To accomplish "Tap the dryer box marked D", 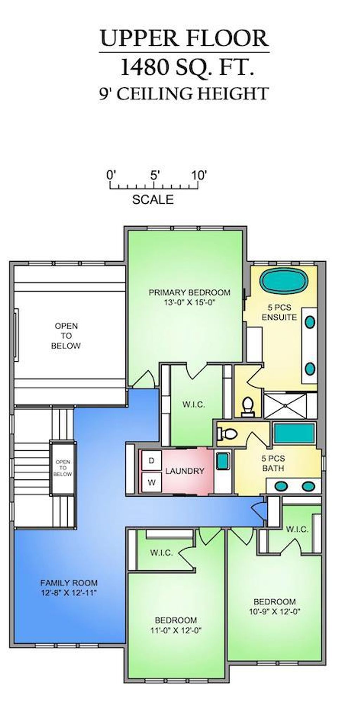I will pos(152,461).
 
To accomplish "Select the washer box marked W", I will pos(152,482).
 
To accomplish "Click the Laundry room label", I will pos(185,471).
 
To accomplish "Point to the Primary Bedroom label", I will pos(189,293).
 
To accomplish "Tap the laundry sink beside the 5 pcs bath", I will pos(222,461).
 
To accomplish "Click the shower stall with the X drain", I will pos(285,405).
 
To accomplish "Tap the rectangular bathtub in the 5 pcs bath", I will pos(294,433).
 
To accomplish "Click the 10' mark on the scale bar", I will pos(199,175).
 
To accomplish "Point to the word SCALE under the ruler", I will pos(153,200).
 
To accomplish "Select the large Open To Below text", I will pos(66,336).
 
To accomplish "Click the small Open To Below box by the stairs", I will pos(63,468).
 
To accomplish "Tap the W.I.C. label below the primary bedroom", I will pos(194,405).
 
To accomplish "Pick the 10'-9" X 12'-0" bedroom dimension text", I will pos(275,612).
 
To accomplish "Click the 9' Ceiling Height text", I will pos(184,94).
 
